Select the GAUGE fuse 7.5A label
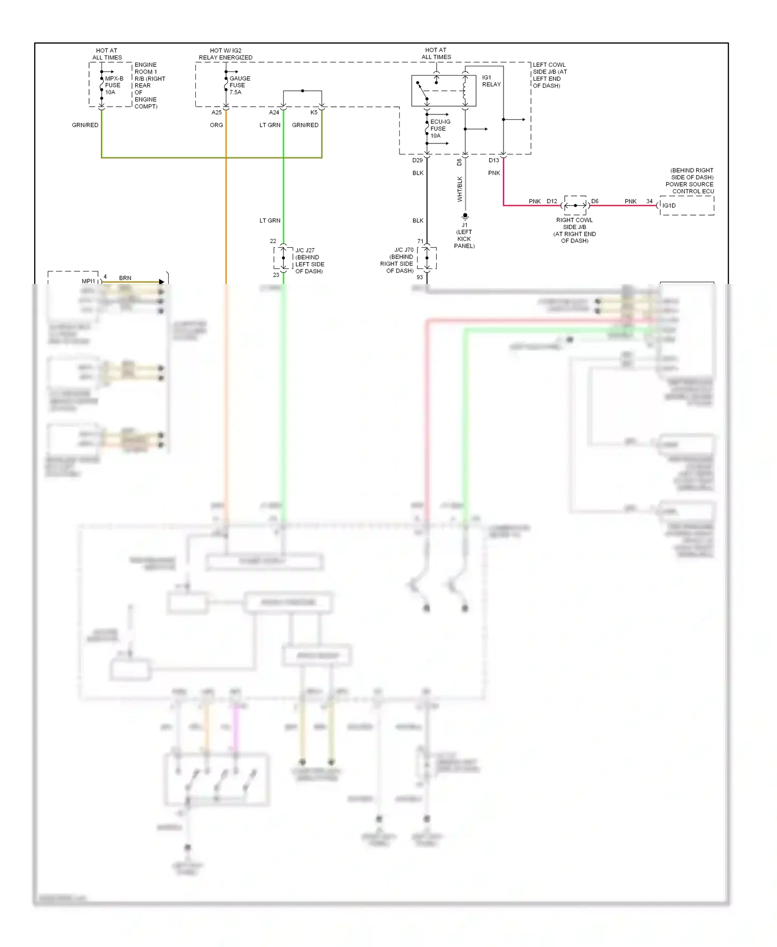click(239, 85)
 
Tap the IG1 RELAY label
click(491, 81)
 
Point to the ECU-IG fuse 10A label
click(440, 129)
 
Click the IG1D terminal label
click(669, 206)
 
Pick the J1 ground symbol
click(465, 216)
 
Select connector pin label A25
click(217, 112)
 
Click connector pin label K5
click(314, 112)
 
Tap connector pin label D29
click(418, 161)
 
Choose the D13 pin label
click(494, 161)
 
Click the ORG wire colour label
click(217, 125)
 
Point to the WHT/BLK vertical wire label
click(460, 189)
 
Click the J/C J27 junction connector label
click(309, 261)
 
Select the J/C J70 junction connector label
click(397, 260)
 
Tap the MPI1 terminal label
click(89, 281)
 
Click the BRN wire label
click(125, 278)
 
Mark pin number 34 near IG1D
click(649, 202)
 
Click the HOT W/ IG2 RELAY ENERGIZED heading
click(225, 54)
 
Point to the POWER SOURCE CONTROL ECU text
click(689, 188)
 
